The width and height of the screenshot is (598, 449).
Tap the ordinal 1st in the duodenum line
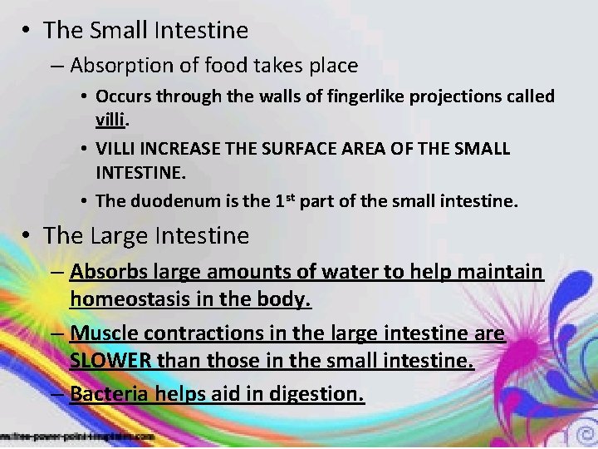(x=287, y=200)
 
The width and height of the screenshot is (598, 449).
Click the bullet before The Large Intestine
(x=28, y=236)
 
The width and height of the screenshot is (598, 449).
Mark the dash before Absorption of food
(x=58, y=65)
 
